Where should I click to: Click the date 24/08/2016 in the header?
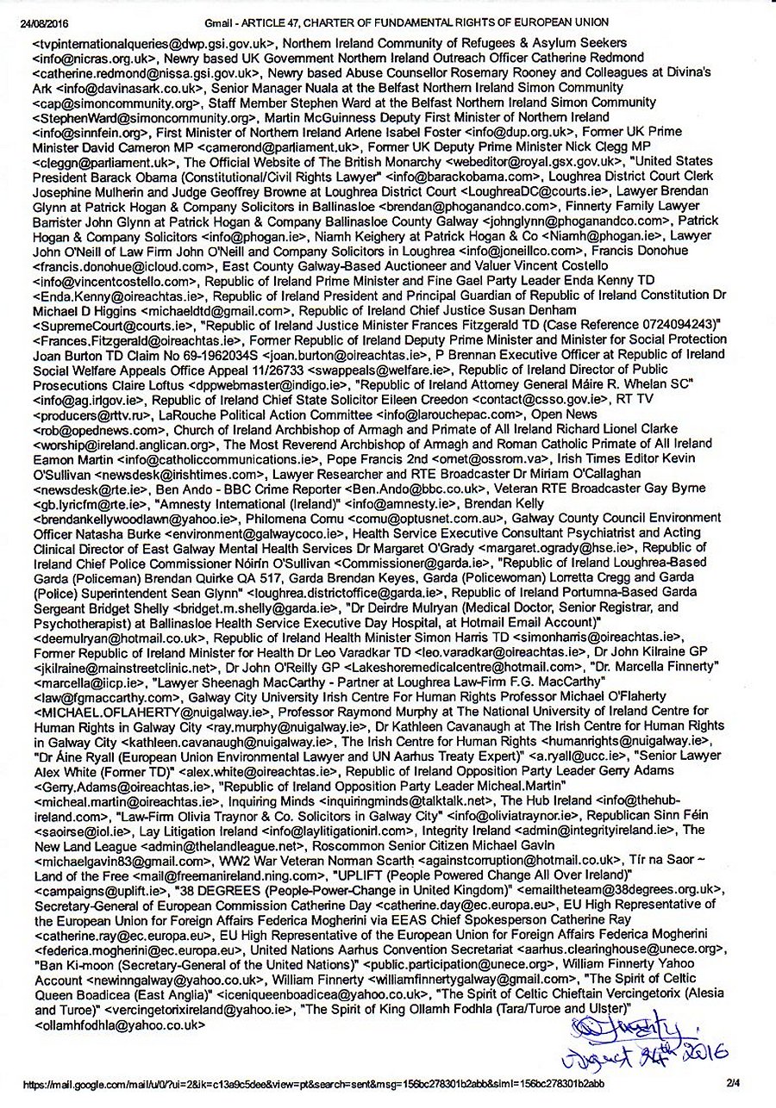coord(44,22)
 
